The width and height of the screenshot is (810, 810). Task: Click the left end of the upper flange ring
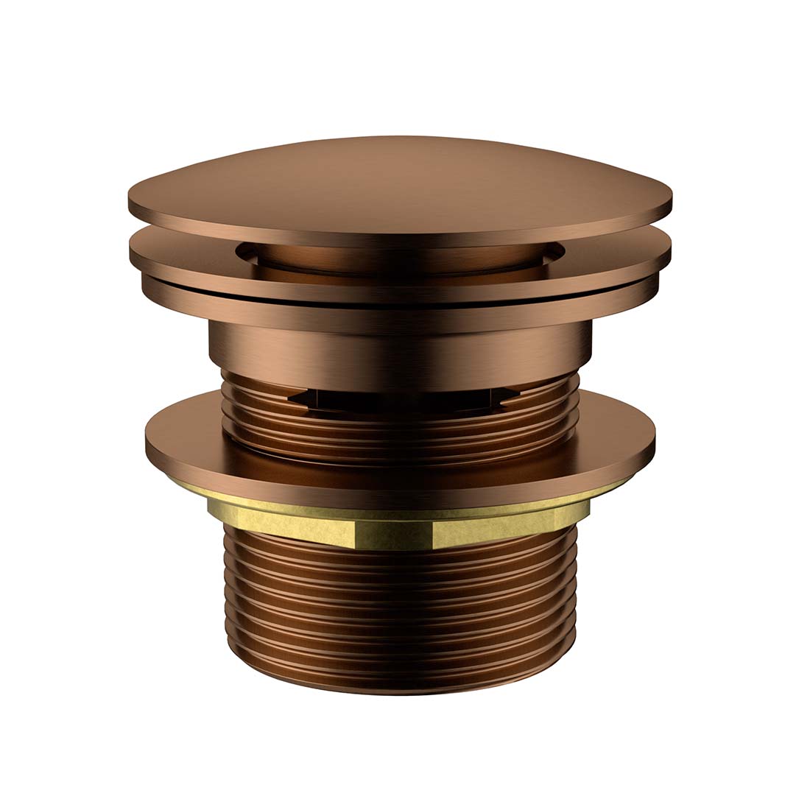coord(131,254)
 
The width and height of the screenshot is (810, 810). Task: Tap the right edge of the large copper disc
coord(653,442)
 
